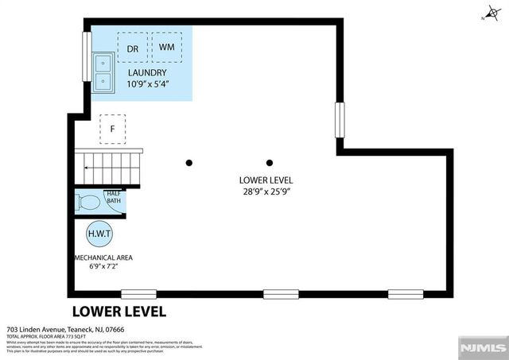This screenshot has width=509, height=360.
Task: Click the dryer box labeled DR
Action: (132, 47)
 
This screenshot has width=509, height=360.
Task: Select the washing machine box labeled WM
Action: (167, 47)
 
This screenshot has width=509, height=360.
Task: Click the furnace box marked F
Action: (113, 129)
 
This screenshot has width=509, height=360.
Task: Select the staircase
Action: (107, 166)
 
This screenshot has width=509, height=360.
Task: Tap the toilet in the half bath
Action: (87, 202)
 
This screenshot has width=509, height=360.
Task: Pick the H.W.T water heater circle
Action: (99, 235)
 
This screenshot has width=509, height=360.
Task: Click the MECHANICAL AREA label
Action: (103, 257)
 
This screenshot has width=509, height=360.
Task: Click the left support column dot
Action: (189, 163)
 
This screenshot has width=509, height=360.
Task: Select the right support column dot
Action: (270, 163)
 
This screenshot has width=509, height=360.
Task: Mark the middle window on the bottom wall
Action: (280, 294)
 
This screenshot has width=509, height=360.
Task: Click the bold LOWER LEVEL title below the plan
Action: (119, 312)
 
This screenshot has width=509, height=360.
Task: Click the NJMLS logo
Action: (481, 348)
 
